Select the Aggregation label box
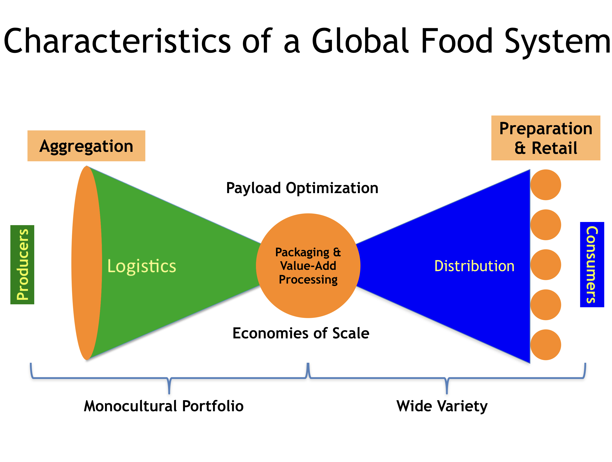[86, 146]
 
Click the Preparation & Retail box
[546, 138]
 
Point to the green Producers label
[22, 265]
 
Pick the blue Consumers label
[592, 265]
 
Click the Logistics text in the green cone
[142, 266]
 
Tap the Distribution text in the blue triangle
[474, 266]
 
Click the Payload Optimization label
[302, 188]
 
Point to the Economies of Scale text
[301, 333]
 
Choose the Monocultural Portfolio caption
[164, 406]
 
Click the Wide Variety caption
[442, 406]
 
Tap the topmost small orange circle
[546, 185]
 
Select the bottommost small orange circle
[546, 345]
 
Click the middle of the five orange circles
[546, 265]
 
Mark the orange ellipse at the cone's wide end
[87, 263]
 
